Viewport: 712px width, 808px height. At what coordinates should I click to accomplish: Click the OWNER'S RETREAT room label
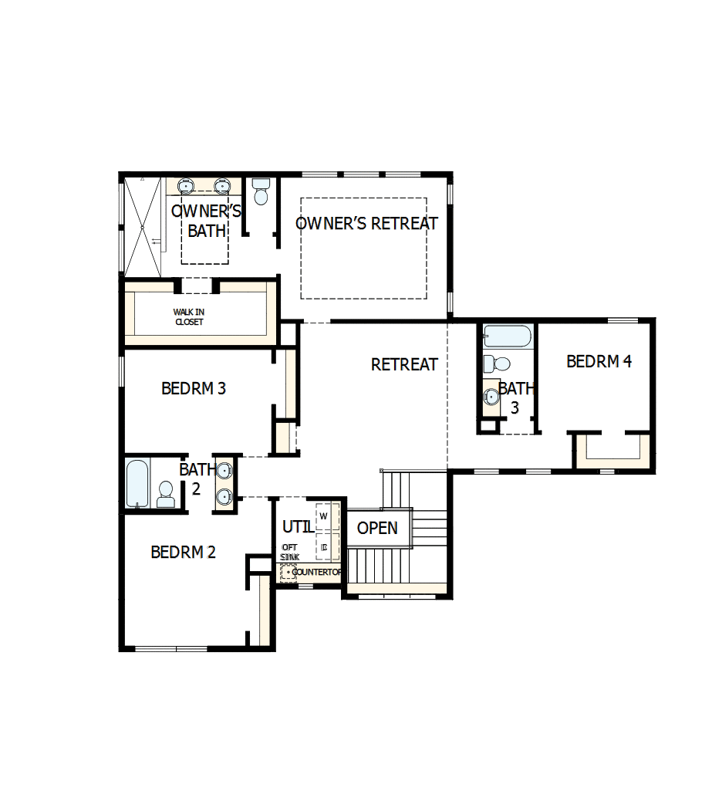tap(366, 224)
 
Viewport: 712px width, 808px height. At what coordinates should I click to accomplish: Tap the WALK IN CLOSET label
tap(188, 317)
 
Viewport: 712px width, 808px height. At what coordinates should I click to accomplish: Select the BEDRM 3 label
tap(194, 388)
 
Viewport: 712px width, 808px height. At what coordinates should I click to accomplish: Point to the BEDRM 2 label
tap(183, 553)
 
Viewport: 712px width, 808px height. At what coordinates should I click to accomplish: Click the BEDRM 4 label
tap(599, 361)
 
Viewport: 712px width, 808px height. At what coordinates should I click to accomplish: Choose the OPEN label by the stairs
tap(377, 528)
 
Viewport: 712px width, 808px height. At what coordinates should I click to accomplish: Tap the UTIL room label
tap(298, 528)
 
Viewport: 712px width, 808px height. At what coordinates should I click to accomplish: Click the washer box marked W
tap(324, 515)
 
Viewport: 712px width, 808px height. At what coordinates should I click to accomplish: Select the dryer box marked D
tap(325, 547)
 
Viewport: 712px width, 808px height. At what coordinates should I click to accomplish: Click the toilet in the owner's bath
tap(261, 192)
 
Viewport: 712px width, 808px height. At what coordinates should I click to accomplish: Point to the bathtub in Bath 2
tap(137, 483)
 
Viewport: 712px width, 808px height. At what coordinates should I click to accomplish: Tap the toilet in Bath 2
tap(166, 494)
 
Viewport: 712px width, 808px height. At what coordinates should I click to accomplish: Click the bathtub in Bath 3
tap(507, 336)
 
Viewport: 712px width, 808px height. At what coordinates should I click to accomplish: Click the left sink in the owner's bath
tap(186, 186)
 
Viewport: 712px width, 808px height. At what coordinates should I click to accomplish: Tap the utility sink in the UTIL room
tap(289, 572)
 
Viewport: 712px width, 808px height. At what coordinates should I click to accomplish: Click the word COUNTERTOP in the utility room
tap(318, 572)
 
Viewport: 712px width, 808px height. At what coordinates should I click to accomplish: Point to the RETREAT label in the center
tap(404, 364)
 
